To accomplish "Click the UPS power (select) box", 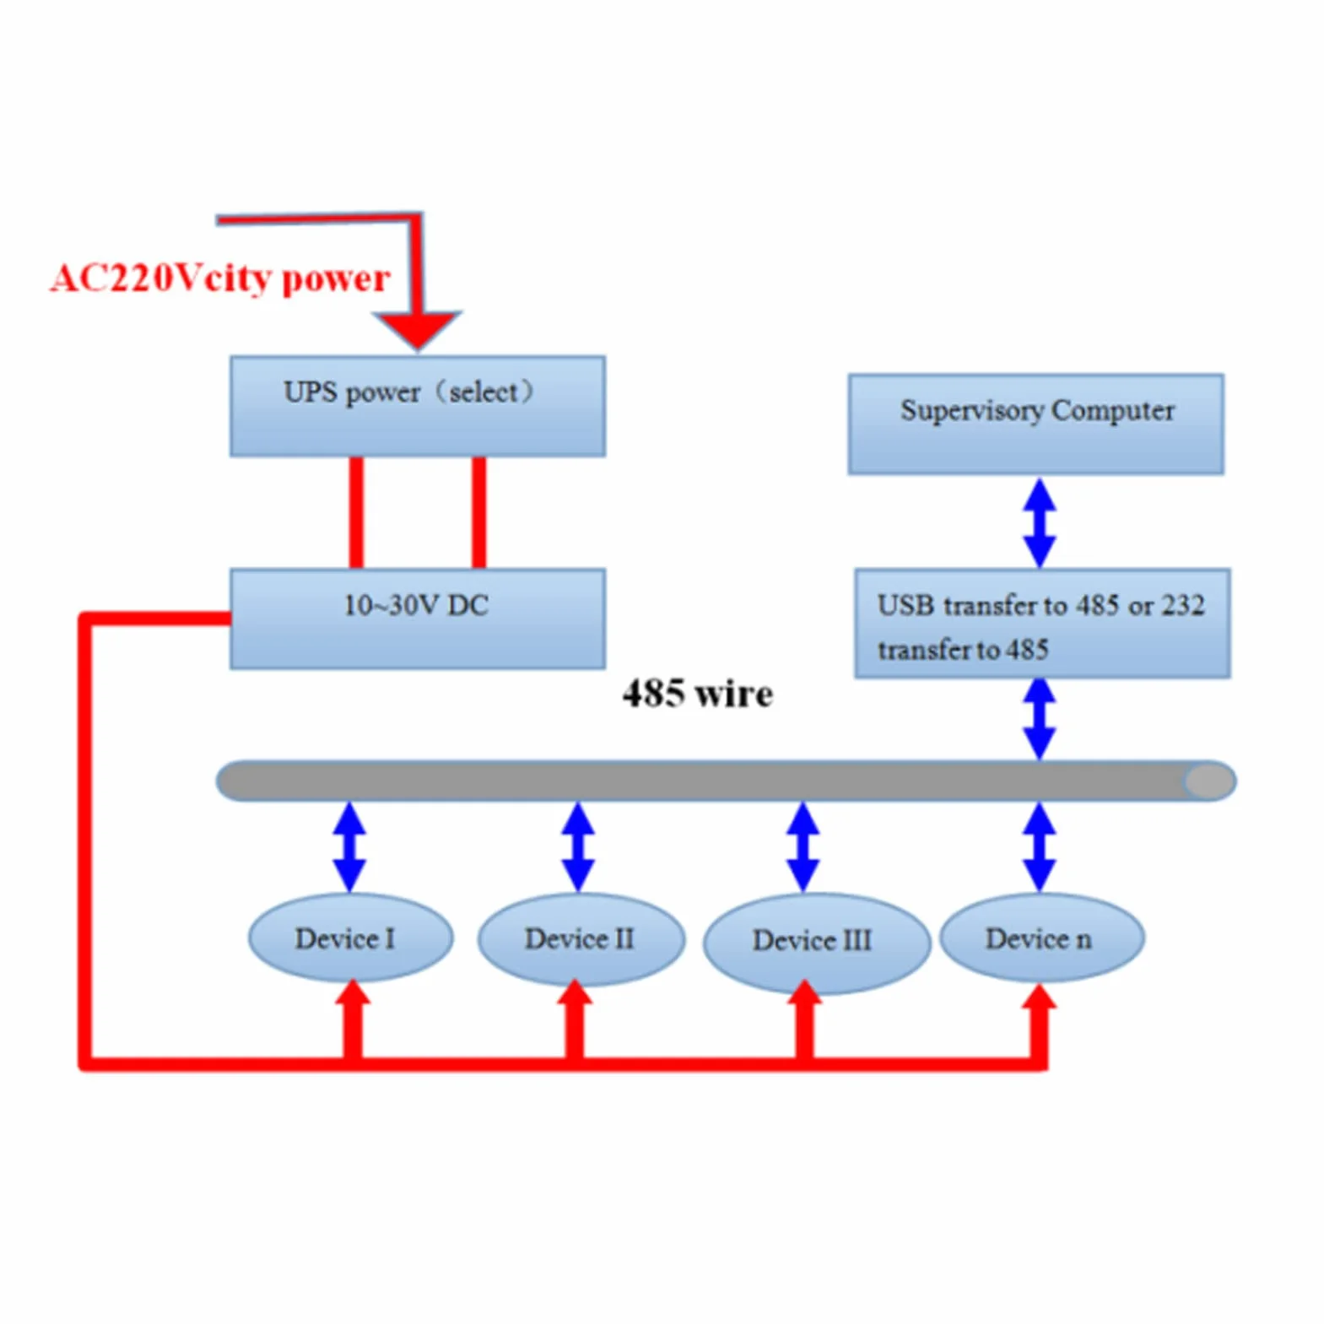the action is tap(417, 406).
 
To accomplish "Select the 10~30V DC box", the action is tap(417, 619).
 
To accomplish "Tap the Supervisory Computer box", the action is tap(1036, 424).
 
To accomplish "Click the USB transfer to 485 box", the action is tap(1042, 623).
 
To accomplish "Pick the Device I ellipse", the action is tap(350, 938).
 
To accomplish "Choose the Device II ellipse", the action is tap(581, 939).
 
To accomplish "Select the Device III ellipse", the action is tap(816, 943).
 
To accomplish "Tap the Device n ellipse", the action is tap(1042, 938).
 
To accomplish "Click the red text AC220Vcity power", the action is tap(220, 278).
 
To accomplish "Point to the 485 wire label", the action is tap(697, 694).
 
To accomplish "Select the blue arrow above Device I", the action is tap(349, 846).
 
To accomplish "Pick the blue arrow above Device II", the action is tap(578, 846).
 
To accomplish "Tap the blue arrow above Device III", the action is tap(803, 846).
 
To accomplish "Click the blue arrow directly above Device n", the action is tap(1040, 846).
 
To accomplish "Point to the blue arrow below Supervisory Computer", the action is tap(1040, 522).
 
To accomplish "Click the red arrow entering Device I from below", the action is tap(353, 1019).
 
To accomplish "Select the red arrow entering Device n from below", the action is tap(1039, 1023).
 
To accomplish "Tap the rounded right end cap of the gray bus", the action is tap(1210, 781).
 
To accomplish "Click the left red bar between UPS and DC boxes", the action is tap(356, 512).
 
